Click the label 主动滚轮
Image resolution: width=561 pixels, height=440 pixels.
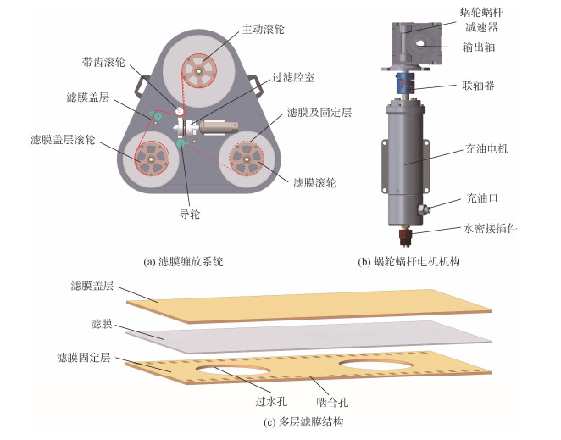coord(263,29)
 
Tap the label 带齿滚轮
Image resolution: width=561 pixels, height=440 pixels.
coord(103,62)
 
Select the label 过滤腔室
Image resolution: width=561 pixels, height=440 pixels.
coord(293,77)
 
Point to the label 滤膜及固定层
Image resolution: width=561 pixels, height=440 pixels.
coord(319,113)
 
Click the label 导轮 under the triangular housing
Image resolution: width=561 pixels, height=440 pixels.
coord(190,214)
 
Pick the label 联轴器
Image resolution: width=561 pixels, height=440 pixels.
coord(478,86)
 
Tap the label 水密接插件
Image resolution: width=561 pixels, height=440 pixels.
coord(490,228)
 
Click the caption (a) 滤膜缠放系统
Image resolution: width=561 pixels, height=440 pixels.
coord(183,262)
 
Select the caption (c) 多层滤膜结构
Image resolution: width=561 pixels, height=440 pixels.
coord(303,422)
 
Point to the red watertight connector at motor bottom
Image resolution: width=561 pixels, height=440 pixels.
coord(405,237)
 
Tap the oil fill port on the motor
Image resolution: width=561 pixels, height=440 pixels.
coord(425,209)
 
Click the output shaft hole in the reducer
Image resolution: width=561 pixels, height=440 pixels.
coord(420,43)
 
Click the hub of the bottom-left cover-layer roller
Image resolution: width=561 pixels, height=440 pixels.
coord(152,159)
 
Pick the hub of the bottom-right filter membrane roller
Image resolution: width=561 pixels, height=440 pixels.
coord(247,159)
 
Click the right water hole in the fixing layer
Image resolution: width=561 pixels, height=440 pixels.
coord(375,364)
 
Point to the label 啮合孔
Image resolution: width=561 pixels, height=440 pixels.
coord(332,403)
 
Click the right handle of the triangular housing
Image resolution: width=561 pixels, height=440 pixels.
coord(256,85)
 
